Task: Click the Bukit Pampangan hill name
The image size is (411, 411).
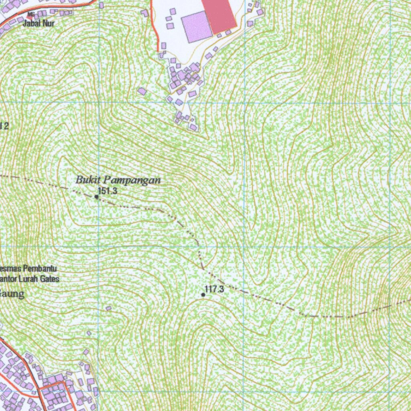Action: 118,180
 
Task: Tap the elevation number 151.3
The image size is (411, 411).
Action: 108,191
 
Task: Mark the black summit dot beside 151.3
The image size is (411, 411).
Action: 96,197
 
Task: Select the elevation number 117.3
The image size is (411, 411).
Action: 214,289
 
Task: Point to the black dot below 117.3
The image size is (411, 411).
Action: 203,295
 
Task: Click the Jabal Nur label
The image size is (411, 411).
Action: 39,23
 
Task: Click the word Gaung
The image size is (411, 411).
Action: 12,294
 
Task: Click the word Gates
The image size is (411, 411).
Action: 51,278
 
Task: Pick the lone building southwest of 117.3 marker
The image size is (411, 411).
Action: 108,308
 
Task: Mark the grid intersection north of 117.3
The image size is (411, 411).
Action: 244,246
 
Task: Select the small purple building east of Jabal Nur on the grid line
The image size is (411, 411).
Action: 101,6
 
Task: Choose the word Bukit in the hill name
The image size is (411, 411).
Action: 85,180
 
